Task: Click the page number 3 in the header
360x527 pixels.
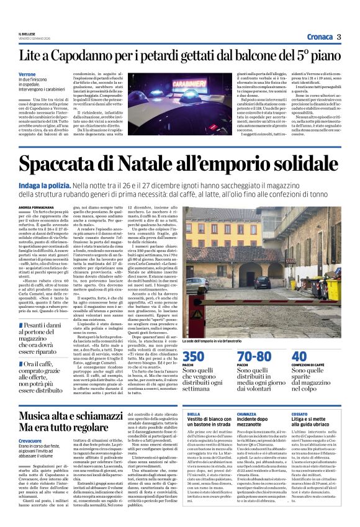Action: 339,37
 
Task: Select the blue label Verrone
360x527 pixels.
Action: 27,74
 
